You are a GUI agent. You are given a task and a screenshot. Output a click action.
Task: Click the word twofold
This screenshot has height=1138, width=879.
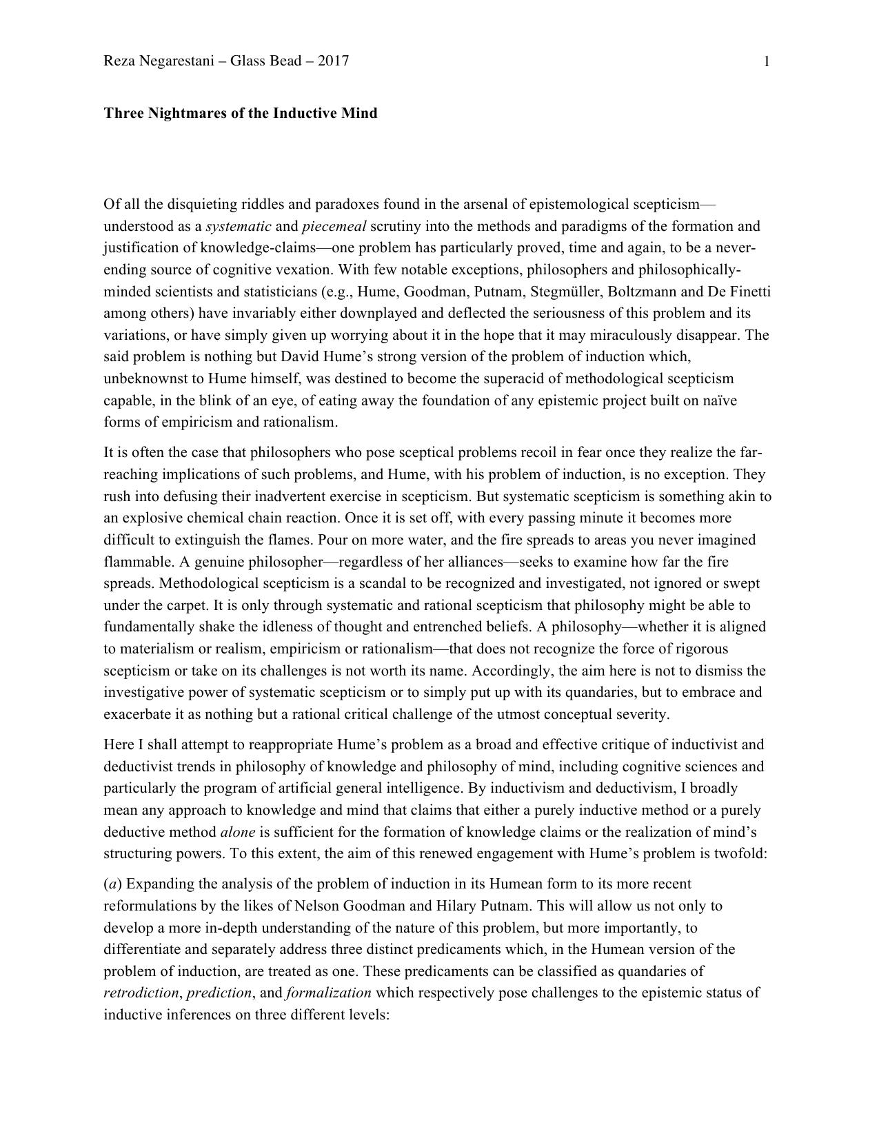pyautogui.click(x=740, y=853)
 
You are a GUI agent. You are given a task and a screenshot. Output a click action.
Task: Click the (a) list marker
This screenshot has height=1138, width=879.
pyautogui.click(x=110, y=884)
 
